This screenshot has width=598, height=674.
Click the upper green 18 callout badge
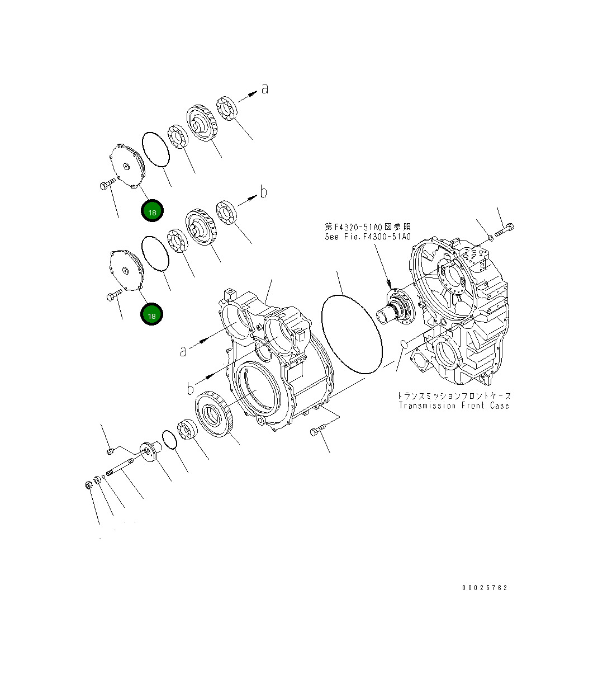(152, 211)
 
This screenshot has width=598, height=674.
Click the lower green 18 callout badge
(151, 315)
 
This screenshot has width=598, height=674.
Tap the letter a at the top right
(264, 89)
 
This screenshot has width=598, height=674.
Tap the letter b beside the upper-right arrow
(264, 192)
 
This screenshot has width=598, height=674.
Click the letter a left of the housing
(183, 351)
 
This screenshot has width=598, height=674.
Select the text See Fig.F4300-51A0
(368, 237)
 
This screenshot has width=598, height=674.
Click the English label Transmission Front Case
(454, 406)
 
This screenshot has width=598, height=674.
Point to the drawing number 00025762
(485, 588)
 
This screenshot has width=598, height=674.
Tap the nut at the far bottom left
(88, 484)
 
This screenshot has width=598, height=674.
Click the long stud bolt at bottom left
(121, 467)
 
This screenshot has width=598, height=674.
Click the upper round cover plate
(126, 166)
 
